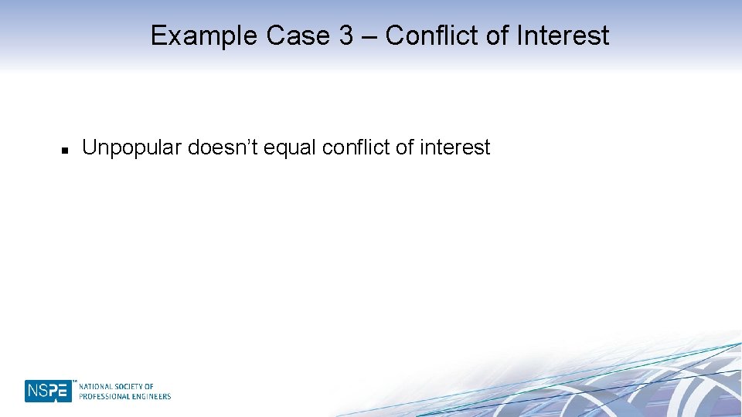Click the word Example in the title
203,36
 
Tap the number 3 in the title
346,36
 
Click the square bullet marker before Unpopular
66,148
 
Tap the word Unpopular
131,147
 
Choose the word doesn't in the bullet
223,147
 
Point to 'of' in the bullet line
404,147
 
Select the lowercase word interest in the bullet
454,147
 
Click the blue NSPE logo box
48,391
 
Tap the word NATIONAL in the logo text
95,386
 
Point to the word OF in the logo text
149,386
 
